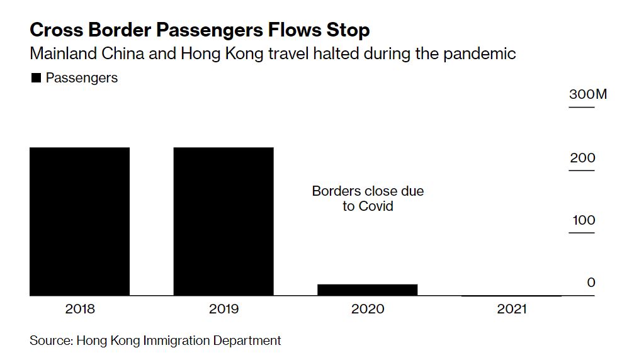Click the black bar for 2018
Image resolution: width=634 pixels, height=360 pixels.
(x=79, y=221)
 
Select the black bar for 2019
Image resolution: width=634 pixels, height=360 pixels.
(x=224, y=221)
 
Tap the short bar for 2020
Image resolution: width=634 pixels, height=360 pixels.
(x=367, y=290)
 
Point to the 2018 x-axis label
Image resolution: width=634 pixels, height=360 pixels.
(x=80, y=309)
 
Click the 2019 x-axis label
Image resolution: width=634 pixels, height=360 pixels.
(x=224, y=309)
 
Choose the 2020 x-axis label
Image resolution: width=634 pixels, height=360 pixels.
(x=368, y=309)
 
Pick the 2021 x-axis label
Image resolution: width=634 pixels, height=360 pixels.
(x=511, y=309)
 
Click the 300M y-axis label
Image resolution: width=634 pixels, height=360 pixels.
(x=588, y=95)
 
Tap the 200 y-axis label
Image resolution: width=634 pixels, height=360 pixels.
(x=582, y=158)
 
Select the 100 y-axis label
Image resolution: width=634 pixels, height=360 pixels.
(x=582, y=220)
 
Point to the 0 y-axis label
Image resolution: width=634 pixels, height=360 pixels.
(x=591, y=283)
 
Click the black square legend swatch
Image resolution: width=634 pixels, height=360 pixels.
(x=36, y=78)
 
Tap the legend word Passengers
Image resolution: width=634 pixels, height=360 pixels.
(x=82, y=78)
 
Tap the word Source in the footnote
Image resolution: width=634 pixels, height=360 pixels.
(x=50, y=340)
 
